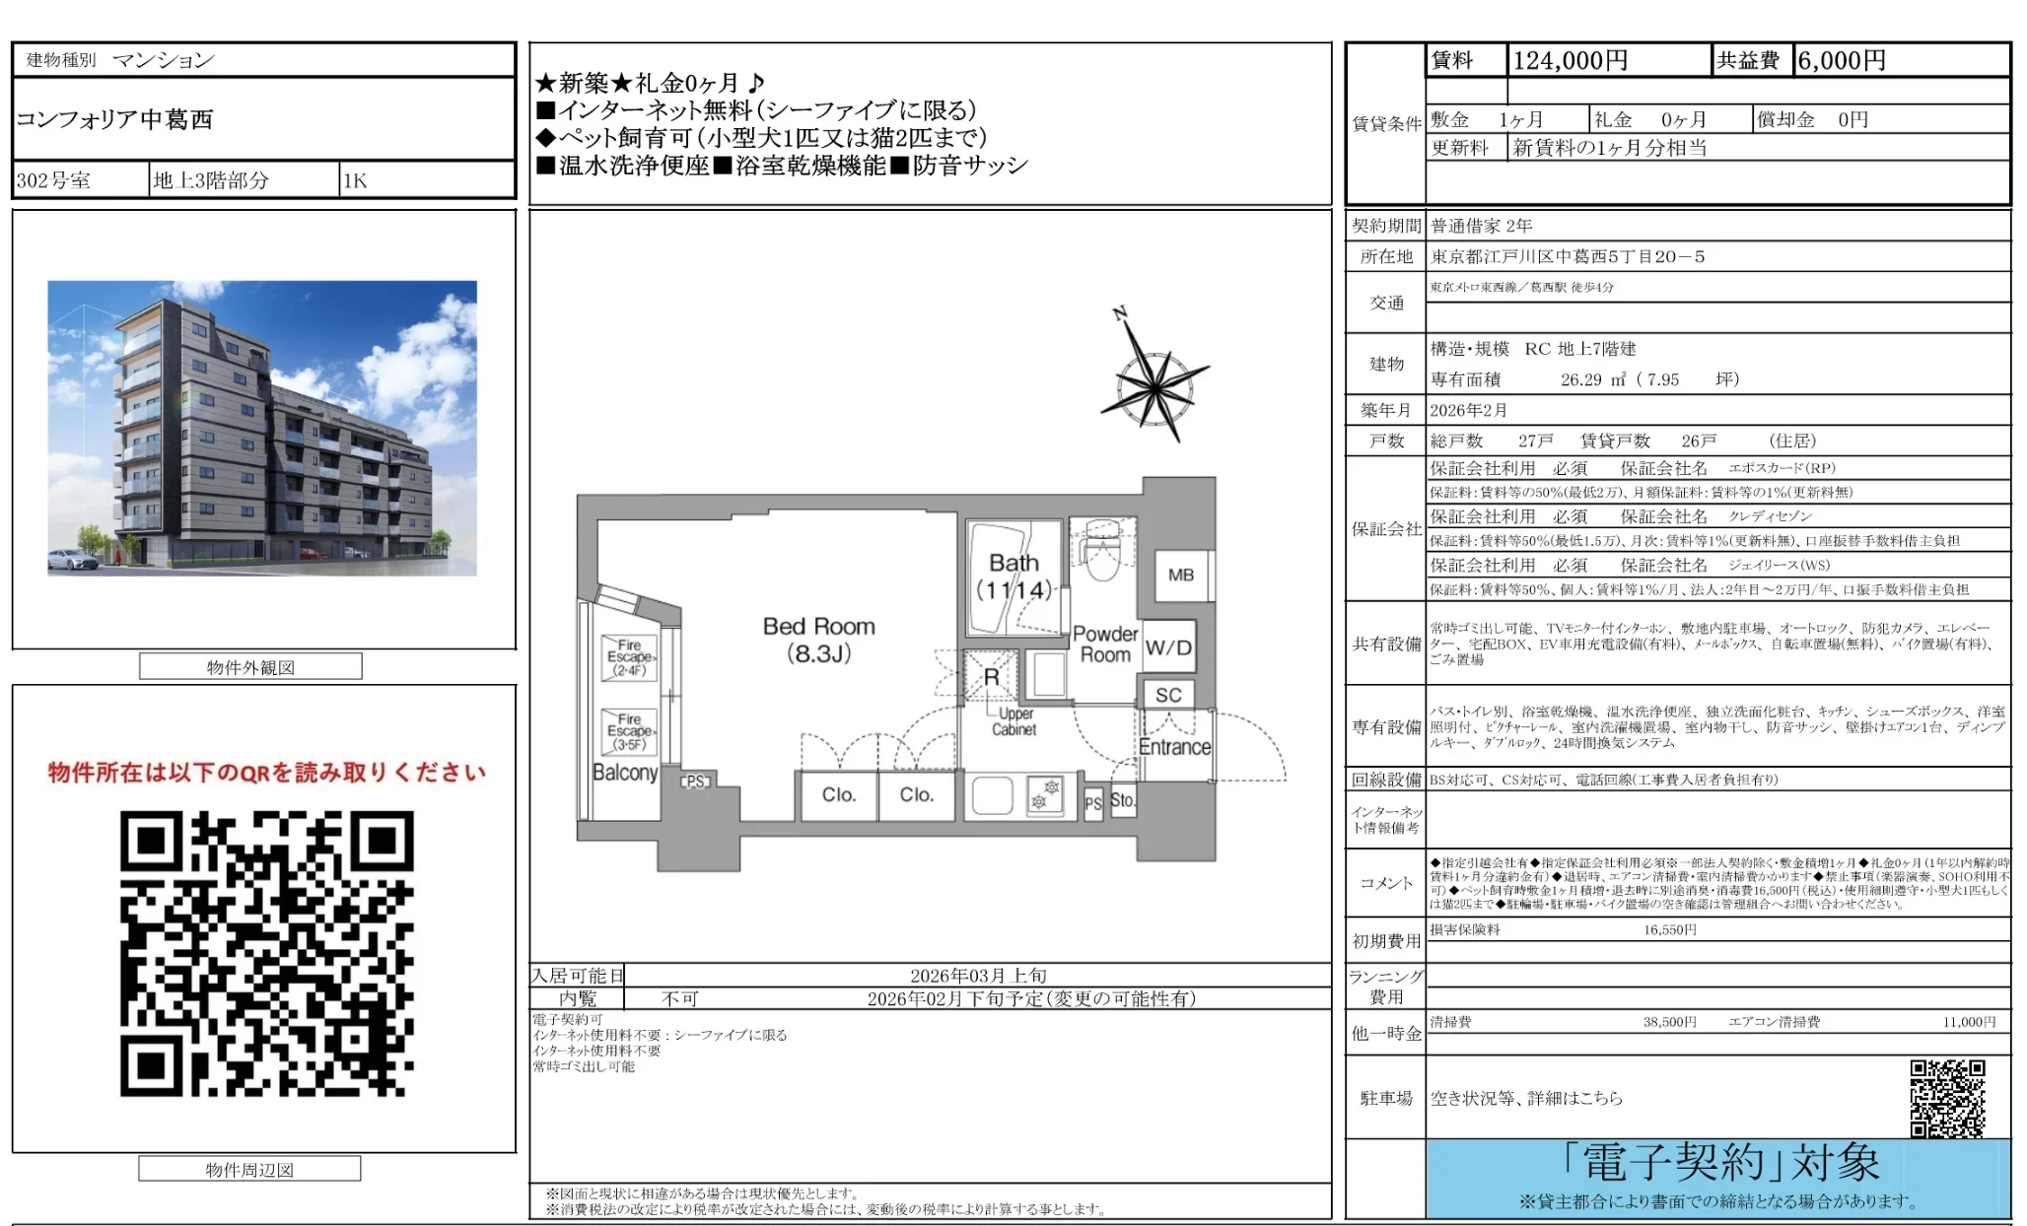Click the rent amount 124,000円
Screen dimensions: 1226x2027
coord(1570,61)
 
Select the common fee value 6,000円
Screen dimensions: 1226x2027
coord(1841,61)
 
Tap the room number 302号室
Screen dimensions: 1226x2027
coord(53,180)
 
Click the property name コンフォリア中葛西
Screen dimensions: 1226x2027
coord(114,119)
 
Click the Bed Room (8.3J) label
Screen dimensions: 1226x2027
coord(818,640)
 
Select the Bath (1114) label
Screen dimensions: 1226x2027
coord(1013,577)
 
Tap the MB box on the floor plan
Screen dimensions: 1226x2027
coord(1180,575)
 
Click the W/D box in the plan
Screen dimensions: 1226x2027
coord(1168,647)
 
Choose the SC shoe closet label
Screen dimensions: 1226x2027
coord(1168,695)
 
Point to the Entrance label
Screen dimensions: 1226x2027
coord(1174,747)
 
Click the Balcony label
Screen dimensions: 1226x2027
coord(625,773)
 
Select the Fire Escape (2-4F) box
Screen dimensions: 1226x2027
coord(629,657)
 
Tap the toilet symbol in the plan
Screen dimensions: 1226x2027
coord(1100,558)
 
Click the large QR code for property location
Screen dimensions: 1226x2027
coord(266,953)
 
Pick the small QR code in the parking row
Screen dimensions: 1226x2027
coord(1946,1098)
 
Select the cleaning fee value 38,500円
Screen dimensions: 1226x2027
coord(1669,1022)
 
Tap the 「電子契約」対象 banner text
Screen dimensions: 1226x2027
coord(1720,1164)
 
